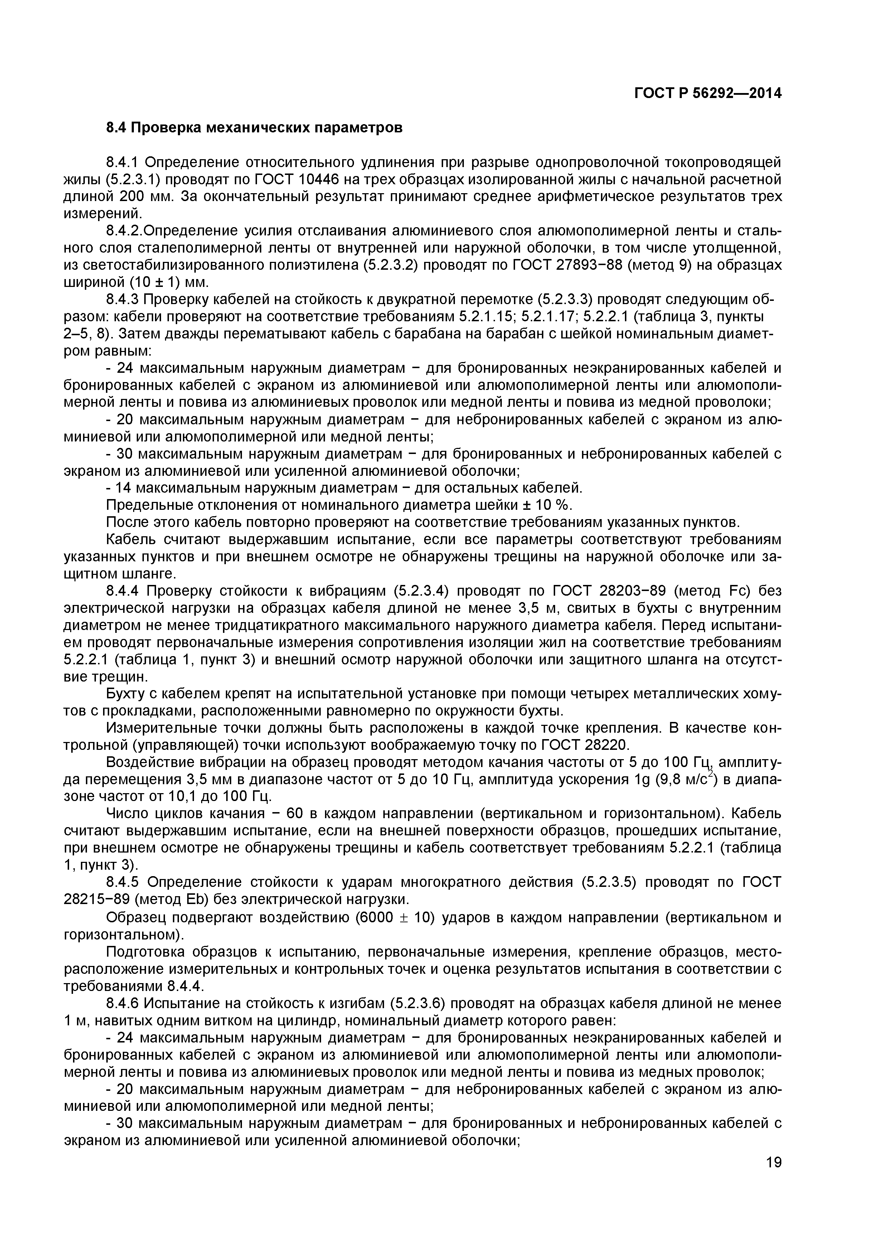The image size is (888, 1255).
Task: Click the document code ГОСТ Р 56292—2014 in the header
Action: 708,93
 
